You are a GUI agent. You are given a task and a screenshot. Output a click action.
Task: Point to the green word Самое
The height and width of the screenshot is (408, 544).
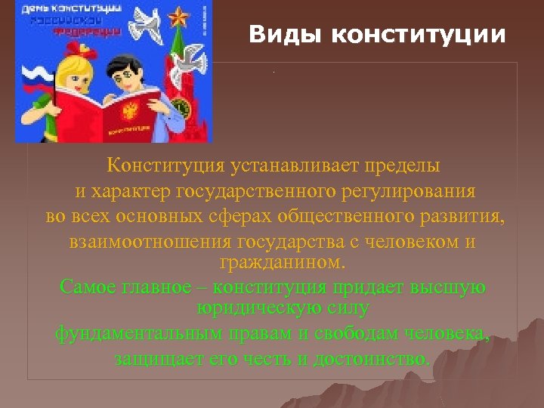(85, 288)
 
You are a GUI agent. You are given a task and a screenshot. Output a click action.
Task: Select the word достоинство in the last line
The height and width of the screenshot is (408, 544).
(382, 357)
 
